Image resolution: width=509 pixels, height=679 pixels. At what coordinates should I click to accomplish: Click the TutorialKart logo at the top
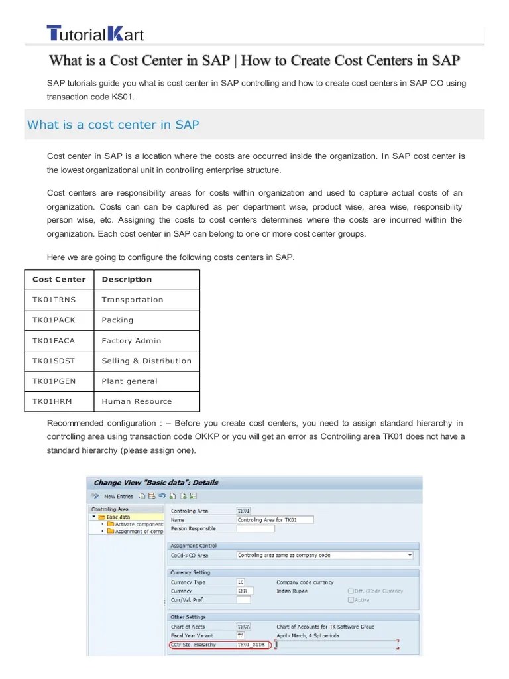95,34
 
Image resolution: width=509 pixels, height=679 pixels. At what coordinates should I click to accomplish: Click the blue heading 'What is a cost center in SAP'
113,125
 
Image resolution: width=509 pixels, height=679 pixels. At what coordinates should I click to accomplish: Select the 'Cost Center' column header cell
59,280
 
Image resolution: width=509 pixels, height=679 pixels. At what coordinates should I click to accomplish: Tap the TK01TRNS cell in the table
54,300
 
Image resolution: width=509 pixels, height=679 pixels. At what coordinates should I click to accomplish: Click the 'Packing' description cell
117,320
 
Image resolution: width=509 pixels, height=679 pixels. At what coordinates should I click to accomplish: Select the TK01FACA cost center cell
54,341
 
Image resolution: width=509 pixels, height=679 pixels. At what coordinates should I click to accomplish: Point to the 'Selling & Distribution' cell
146,361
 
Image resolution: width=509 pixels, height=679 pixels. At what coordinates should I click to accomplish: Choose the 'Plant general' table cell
129,381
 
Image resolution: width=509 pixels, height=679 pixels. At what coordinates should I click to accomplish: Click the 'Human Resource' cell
137,402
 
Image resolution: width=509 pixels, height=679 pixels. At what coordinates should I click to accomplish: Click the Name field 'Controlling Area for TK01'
274,520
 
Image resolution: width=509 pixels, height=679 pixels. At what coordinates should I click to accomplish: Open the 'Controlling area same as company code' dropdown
325,555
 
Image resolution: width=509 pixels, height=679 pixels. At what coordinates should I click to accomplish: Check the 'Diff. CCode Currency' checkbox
351,591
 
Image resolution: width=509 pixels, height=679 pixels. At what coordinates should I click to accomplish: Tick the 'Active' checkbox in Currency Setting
351,600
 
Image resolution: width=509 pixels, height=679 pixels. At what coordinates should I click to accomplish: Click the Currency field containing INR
243,591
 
